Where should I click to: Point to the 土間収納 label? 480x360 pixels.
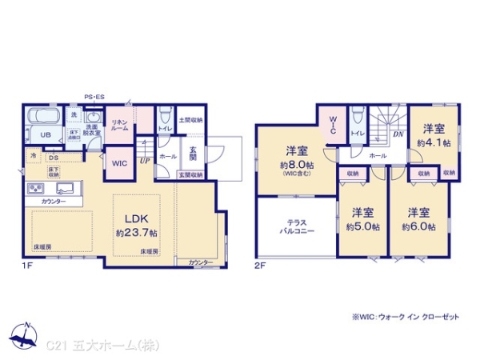[x=190, y=120]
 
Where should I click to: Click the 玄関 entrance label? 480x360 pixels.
[x=194, y=152]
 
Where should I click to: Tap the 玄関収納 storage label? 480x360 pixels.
[x=190, y=174]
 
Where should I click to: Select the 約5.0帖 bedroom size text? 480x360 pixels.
[x=362, y=226]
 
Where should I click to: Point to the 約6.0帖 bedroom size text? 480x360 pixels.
[x=418, y=226]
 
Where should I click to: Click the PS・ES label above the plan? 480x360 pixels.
[x=95, y=98]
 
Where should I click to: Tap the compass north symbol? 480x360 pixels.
[x=26, y=337]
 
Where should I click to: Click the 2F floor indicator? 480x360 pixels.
[x=259, y=264]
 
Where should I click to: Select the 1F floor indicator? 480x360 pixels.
[x=27, y=264]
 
